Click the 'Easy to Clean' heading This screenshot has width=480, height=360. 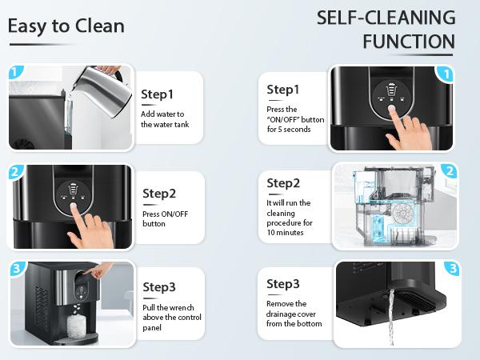[x=66, y=26]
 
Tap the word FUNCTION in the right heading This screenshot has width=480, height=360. [x=408, y=41]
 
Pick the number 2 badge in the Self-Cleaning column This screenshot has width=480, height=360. [x=450, y=171]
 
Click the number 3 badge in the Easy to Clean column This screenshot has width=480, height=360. [x=14, y=270]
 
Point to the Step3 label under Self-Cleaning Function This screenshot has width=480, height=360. [x=283, y=284]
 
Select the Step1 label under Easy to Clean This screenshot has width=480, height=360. [x=157, y=94]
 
